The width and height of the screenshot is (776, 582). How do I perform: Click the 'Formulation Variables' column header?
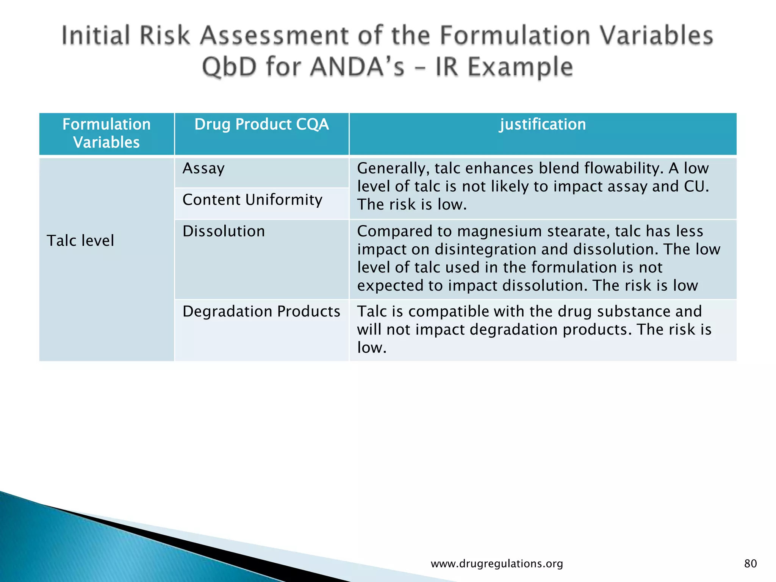[x=106, y=133]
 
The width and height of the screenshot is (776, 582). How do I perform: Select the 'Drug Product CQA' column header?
[x=261, y=125]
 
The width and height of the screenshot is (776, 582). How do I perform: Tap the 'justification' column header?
[x=543, y=125]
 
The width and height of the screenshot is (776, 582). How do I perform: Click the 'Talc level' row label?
[x=80, y=241]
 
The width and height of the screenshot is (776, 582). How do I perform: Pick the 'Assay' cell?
[x=203, y=169]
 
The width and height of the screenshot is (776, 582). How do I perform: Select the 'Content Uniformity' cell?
[x=252, y=200]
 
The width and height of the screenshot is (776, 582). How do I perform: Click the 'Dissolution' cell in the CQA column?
[x=224, y=232]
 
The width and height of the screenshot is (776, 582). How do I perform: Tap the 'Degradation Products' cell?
[x=261, y=311]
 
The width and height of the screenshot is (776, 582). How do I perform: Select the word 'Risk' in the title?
[x=164, y=36]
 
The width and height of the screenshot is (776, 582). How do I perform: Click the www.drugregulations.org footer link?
[x=497, y=563]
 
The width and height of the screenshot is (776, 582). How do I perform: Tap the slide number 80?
[x=750, y=563]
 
